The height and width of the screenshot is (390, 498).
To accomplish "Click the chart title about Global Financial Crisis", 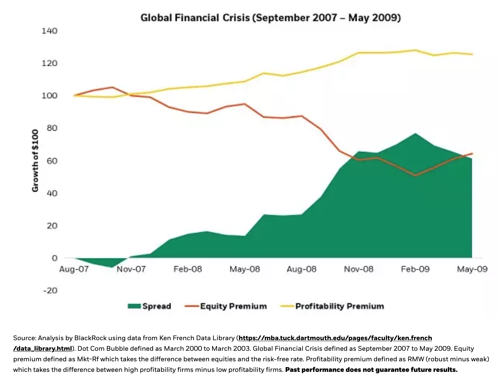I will coord(270,17).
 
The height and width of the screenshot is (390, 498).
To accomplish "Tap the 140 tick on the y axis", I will coord(49,31).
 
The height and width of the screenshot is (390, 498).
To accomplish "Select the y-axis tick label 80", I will coord(52,128).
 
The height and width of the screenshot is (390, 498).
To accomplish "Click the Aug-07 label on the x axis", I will coord(74,269).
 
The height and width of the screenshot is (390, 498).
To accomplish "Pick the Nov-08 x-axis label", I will coord(358,269).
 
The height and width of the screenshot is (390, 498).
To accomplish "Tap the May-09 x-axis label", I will coord(472,269).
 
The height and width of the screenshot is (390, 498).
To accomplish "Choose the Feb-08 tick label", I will coord(188,269).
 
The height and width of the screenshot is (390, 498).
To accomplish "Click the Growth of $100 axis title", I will coord(35,160).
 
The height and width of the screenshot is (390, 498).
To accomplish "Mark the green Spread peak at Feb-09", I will coord(415,134).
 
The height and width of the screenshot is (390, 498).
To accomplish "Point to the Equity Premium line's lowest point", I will coord(415,175).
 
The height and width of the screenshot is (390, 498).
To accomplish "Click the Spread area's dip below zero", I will coord(111,266).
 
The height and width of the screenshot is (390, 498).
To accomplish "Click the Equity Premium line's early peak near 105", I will coord(112,87).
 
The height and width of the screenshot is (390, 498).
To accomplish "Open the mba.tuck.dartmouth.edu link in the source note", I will coord(335,338).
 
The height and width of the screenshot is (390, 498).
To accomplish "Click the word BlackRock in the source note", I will coord(89,338).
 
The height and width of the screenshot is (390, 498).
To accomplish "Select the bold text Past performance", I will coord(315,370).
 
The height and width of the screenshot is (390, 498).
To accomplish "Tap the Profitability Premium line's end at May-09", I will coord(472,54).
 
